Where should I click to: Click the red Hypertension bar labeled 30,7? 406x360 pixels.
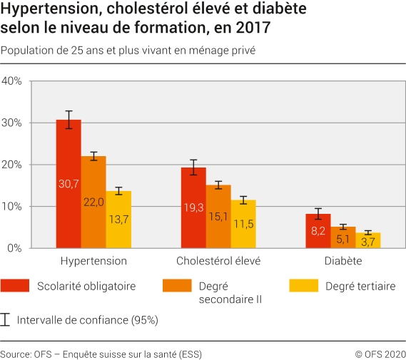(x=68, y=184)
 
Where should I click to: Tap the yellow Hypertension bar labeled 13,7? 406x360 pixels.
(x=118, y=220)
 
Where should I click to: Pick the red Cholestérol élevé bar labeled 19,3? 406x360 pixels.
(x=193, y=207)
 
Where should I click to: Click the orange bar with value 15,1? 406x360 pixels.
(x=218, y=216)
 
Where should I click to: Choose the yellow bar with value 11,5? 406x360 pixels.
(x=243, y=224)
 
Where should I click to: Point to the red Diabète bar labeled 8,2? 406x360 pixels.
(x=318, y=231)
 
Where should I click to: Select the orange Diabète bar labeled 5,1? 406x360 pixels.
(x=343, y=237)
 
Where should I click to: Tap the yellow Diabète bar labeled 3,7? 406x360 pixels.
(x=368, y=240)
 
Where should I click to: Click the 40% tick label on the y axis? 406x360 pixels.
(x=13, y=81)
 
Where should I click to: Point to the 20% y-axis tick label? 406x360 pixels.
(x=13, y=165)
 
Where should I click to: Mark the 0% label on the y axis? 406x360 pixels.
(x=15, y=248)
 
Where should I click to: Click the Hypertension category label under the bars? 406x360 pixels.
(x=93, y=261)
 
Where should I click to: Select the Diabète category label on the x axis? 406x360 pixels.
(x=343, y=261)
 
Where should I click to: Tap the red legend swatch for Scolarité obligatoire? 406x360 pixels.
(x=14, y=286)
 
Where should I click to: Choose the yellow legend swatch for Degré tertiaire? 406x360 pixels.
(x=303, y=286)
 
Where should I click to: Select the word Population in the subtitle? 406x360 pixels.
(x=26, y=51)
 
